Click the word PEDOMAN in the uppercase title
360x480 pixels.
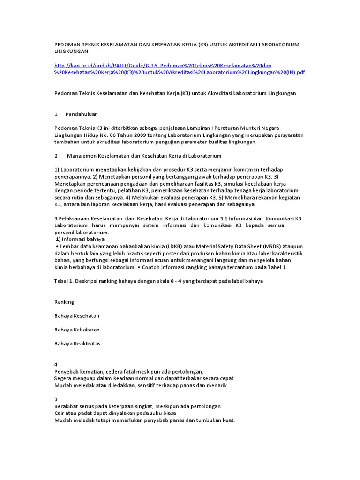pos(67,44)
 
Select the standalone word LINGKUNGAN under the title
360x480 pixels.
pos(71,51)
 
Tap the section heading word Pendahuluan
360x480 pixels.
pos(82,114)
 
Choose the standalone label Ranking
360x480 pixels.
pos(64,302)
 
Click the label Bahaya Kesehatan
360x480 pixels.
pos(77,316)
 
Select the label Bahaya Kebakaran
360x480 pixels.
pos(77,330)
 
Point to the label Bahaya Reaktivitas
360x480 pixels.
pos(77,343)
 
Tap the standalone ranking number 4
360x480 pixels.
pos(56,364)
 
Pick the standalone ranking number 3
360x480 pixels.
pos(56,399)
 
